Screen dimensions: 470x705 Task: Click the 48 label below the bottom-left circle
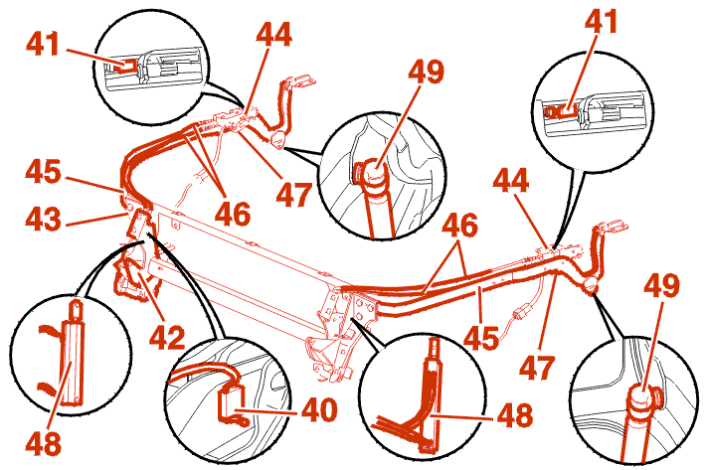[x=43, y=443]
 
